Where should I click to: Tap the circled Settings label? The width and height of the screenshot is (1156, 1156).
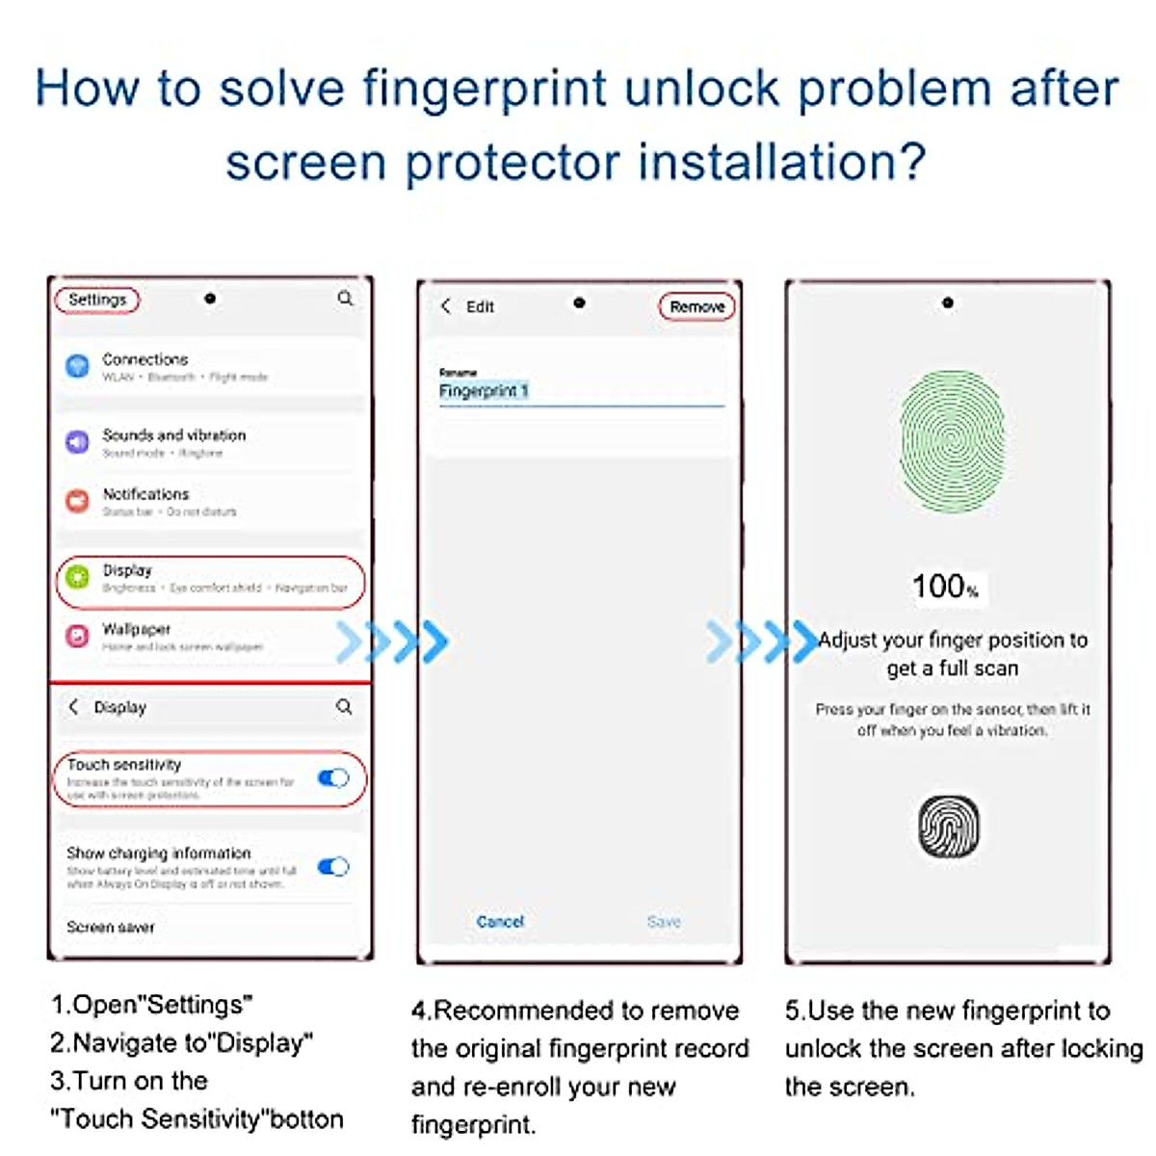(97, 300)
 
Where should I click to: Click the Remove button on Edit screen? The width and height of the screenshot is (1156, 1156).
(696, 306)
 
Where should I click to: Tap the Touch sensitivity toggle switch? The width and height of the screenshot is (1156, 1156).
(333, 778)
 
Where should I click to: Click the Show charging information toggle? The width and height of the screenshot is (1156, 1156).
(333, 867)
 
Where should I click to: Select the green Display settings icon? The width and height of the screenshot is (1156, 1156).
(77, 579)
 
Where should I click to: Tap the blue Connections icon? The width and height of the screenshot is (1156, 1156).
(77, 366)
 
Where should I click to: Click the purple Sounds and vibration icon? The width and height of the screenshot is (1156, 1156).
(77, 442)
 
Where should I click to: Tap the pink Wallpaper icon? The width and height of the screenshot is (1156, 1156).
(77, 637)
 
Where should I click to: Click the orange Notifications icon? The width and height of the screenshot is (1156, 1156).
(77, 501)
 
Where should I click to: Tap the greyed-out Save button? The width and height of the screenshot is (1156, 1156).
(664, 922)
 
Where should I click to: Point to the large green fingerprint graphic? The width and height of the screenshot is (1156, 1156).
(952, 441)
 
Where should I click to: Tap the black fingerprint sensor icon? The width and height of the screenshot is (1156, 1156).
(948, 827)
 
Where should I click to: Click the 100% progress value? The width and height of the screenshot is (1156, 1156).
(945, 586)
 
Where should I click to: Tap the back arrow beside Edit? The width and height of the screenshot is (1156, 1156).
(446, 306)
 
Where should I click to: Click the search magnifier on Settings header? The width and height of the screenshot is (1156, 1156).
(345, 299)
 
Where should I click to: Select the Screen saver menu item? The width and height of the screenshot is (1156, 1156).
(111, 927)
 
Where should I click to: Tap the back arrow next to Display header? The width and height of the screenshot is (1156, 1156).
(74, 706)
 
